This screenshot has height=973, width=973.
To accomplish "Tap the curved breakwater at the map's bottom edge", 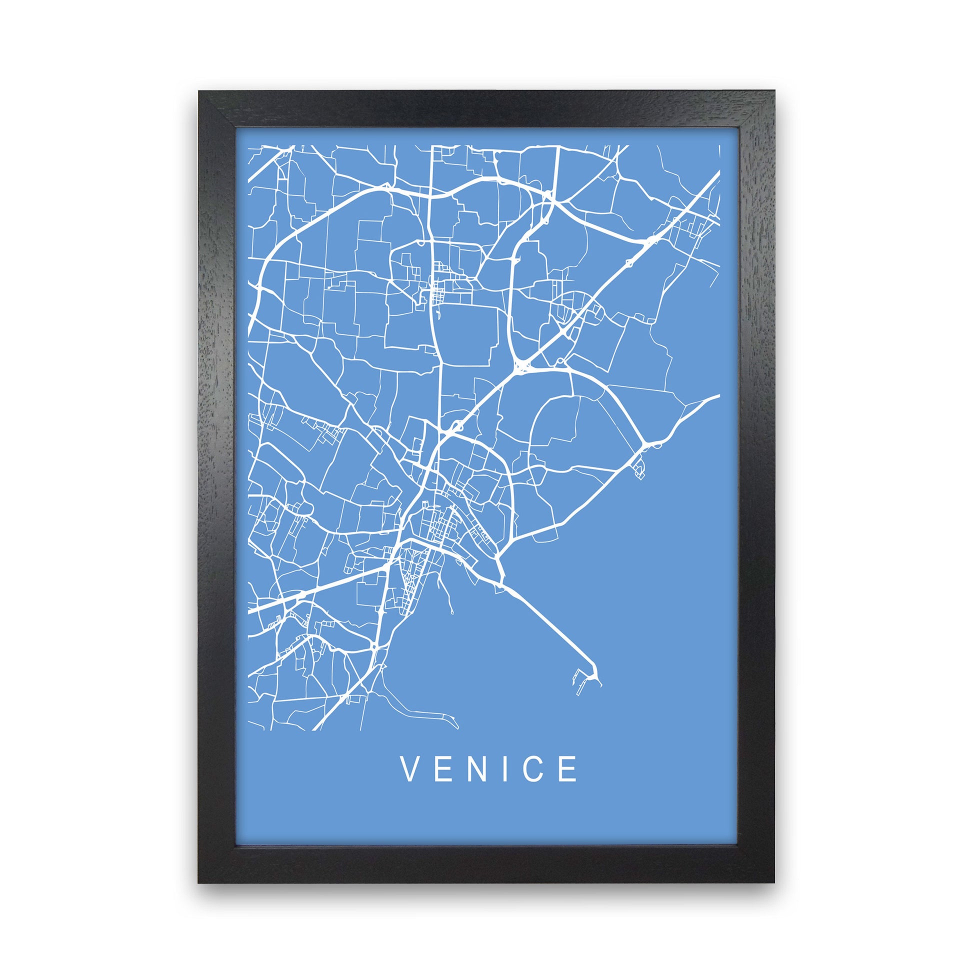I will click(x=433, y=715).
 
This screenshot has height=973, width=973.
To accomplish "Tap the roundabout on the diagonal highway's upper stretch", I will click(x=629, y=262).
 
